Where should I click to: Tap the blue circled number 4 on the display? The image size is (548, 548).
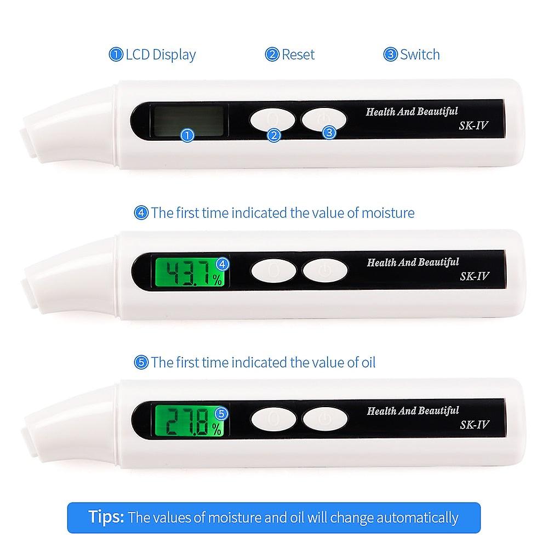point(222,264)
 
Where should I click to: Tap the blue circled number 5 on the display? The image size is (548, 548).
point(222,413)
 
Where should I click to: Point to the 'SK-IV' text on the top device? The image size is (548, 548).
point(473,126)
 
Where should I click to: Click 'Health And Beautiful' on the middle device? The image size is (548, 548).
point(412,262)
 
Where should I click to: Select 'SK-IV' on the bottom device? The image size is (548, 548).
point(473,425)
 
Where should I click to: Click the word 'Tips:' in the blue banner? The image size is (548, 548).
point(107,517)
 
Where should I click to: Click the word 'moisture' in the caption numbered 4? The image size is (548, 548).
point(387,213)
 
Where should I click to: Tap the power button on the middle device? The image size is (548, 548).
point(325,270)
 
